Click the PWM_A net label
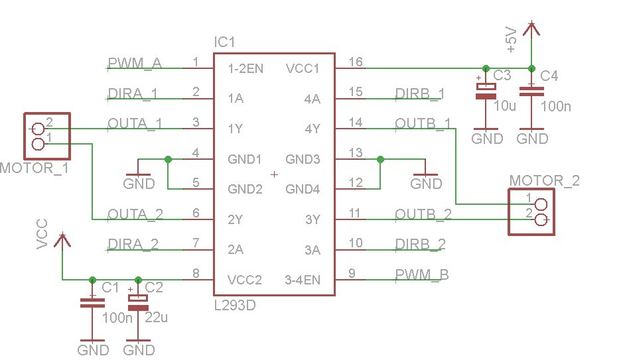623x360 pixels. [x=135, y=64]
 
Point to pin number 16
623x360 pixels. [x=356, y=62]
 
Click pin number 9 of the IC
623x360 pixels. [x=352, y=272]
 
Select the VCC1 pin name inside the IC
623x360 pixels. [x=303, y=68]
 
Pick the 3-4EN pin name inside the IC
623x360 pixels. [x=303, y=280]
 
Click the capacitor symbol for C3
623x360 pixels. [x=487, y=91]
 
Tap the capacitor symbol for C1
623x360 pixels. [x=92, y=303]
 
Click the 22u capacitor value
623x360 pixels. [x=156, y=318]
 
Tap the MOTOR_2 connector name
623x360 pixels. [x=544, y=180]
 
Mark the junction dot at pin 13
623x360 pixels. [x=380, y=159]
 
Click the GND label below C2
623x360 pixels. [x=139, y=349]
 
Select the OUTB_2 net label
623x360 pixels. [x=423, y=215]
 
